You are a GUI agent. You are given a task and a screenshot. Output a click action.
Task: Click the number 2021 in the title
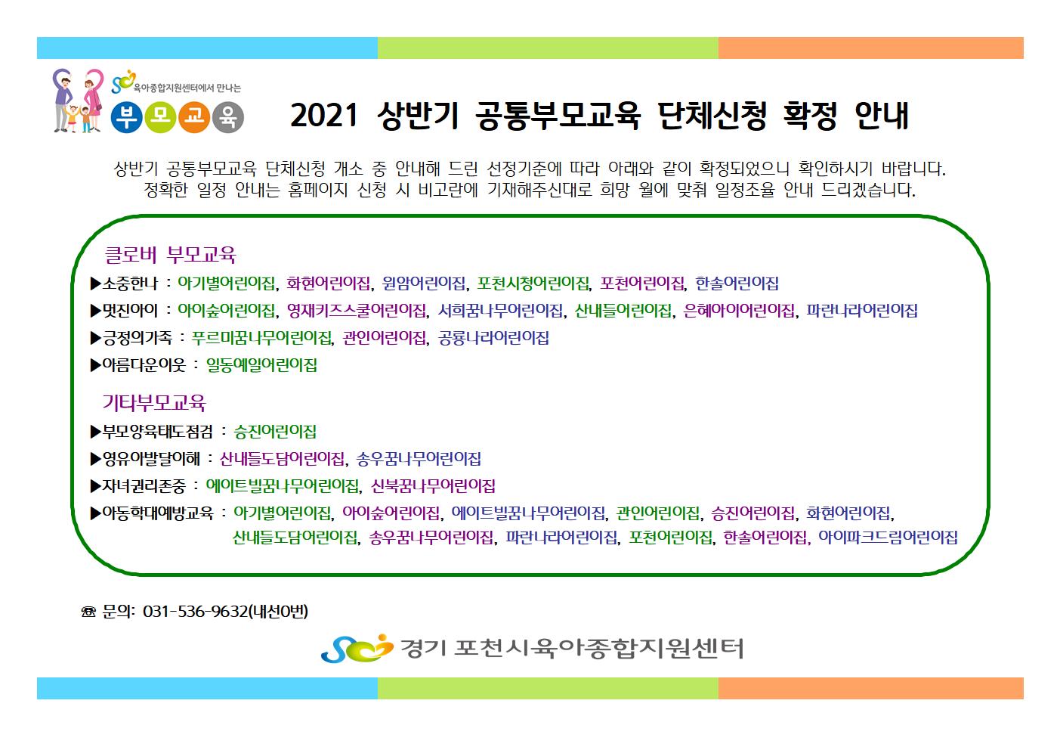coord(324,116)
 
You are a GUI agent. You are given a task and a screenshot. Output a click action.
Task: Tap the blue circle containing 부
coord(126,117)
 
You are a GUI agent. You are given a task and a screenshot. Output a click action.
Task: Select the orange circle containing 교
coord(194,117)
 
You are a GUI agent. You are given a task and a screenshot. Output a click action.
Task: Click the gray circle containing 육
coord(228,117)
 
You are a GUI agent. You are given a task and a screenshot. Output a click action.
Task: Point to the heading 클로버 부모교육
coord(170,255)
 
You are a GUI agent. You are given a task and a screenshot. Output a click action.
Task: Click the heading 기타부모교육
coord(154,403)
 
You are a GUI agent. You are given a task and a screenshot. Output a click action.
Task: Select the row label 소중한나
coord(130,284)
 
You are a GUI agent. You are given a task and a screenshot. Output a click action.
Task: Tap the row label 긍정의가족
coord(138,338)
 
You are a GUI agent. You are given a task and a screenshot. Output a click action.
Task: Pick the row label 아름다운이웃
coord(144,365)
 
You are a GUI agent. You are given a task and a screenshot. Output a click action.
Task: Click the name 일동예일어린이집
coord(261,365)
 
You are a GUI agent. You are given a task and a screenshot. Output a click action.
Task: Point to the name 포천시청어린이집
coord(533,284)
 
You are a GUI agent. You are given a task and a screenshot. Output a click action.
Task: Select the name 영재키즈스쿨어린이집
coord(357,311)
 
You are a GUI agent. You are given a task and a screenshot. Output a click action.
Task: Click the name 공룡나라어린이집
coord(493,338)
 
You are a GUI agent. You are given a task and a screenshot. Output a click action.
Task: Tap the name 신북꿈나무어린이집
coord(433,486)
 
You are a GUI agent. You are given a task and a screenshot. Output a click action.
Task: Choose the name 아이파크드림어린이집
coord(888,538)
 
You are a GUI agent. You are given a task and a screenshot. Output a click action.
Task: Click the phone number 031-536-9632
coord(196,612)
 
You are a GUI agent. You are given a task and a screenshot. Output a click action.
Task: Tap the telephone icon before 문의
coord(88,612)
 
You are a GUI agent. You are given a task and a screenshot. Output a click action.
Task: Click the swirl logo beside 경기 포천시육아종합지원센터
coord(357,648)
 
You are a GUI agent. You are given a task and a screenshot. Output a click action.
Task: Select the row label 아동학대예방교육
coord(158,513)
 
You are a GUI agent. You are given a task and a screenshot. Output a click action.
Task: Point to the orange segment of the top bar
coord(870,48)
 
